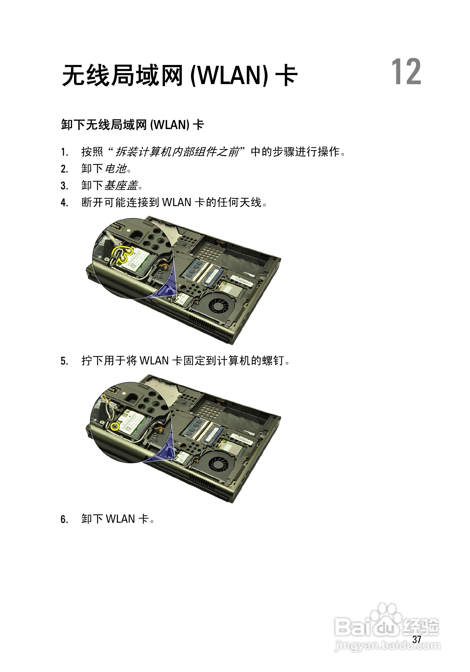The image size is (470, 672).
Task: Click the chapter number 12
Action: (x=406, y=72)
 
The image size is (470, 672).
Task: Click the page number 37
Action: (x=416, y=639)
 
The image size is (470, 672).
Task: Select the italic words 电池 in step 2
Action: (x=116, y=169)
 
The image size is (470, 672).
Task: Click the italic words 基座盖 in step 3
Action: (x=121, y=186)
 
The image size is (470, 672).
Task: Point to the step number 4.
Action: (x=64, y=202)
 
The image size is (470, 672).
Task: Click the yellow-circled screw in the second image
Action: (x=115, y=427)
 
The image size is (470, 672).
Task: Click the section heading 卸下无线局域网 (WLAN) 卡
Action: (x=133, y=125)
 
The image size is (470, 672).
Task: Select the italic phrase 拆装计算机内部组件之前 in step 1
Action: (x=177, y=152)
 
